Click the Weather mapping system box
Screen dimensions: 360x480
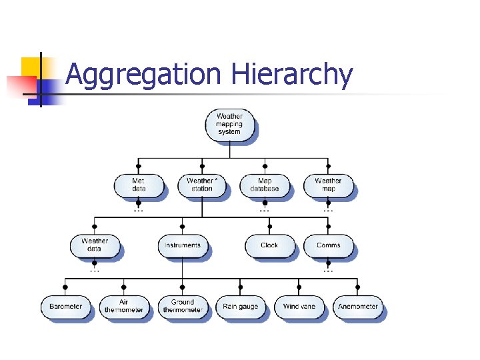pyautogui.click(x=229, y=124)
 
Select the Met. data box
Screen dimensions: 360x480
pyautogui.click(x=139, y=185)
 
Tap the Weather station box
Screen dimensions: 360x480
pyautogui.click(x=202, y=185)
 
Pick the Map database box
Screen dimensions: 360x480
pyautogui.click(x=265, y=185)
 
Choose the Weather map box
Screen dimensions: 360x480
pyautogui.click(x=328, y=185)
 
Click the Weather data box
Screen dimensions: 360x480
pyautogui.click(x=95, y=245)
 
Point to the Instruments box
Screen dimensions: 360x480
pyautogui.click(x=182, y=245)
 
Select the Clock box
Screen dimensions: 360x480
pyautogui.click(x=269, y=245)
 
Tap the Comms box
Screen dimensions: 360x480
pyautogui.click(x=328, y=245)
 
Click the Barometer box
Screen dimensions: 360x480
pyautogui.click(x=65, y=307)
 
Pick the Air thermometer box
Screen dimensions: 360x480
pyautogui.click(x=124, y=307)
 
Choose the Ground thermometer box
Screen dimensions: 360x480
pyautogui.click(x=182, y=307)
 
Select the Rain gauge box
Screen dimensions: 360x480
pyautogui.click(x=241, y=307)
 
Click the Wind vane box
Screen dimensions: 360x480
pyautogui.click(x=299, y=307)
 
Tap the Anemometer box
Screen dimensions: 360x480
pyautogui.click(x=358, y=307)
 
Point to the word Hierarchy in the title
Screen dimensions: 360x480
pyautogui.click(x=291, y=75)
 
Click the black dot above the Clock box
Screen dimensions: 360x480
pyautogui.click(x=269, y=227)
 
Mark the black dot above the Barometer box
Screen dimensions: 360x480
pyautogui.click(x=65, y=287)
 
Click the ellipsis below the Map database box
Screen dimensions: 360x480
pyautogui.click(x=265, y=209)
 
